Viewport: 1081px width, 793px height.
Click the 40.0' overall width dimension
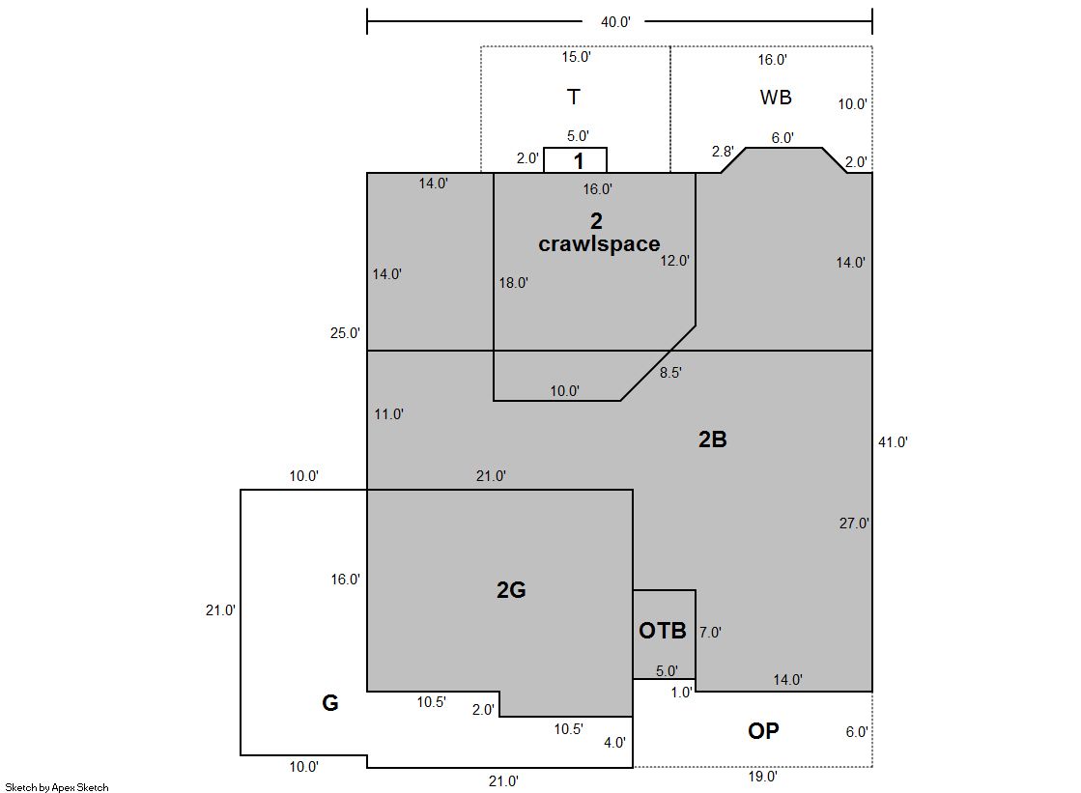[x=615, y=22]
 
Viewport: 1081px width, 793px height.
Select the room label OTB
[x=663, y=631]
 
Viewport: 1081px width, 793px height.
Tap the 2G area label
[x=511, y=589]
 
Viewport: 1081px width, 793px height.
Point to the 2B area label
[x=712, y=439]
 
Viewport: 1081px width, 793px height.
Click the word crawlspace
[x=599, y=244]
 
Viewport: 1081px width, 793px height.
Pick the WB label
[x=776, y=98]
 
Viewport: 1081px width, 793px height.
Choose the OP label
[x=763, y=731]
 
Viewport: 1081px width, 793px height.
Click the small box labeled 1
[x=576, y=160]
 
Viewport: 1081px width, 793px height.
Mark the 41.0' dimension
[x=893, y=442]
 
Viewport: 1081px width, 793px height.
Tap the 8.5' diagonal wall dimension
[x=670, y=373]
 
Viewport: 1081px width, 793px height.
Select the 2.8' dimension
[x=723, y=151]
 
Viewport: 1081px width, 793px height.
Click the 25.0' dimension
[x=345, y=333]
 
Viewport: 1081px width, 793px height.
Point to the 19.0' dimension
[x=762, y=777]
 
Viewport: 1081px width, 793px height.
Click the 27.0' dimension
[x=853, y=524]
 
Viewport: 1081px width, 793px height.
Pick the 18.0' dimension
[x=514, y=283]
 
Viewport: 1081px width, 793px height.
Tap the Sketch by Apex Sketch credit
[x=57, y=787]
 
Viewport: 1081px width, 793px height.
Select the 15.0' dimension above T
[x=576, y=57]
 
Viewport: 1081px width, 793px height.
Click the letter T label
[x=574, y=98]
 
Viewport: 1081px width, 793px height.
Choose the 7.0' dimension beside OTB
[x=710, y=633]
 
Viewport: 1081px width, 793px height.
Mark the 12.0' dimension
[x=674, y=261]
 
